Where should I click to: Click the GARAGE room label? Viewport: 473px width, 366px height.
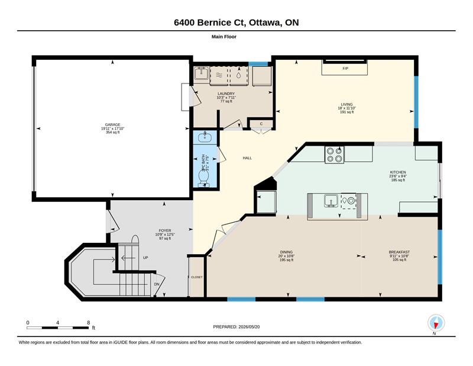112,124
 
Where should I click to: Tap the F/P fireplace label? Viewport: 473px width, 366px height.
345,69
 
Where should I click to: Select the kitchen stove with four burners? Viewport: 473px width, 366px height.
335,155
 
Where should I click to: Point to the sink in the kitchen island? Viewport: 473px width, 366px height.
331,201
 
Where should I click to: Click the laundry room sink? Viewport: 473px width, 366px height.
201,73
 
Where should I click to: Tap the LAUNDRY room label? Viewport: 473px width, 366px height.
226,94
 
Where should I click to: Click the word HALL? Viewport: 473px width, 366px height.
247,158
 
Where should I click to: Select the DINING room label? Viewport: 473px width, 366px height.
286,252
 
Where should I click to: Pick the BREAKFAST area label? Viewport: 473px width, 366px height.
399,252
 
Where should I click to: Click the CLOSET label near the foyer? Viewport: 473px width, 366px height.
197,277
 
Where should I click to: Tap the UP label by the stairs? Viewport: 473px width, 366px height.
145,258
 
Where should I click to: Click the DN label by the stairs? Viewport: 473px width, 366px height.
157,284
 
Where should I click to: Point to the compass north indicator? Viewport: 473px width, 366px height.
436,324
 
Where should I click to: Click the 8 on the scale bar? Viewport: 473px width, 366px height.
88,323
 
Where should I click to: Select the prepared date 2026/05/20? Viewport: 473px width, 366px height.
249,327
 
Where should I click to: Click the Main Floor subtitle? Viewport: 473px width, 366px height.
224,37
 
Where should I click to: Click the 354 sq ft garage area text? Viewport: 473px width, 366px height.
112,132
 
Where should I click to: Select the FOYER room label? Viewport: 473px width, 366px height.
165,230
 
